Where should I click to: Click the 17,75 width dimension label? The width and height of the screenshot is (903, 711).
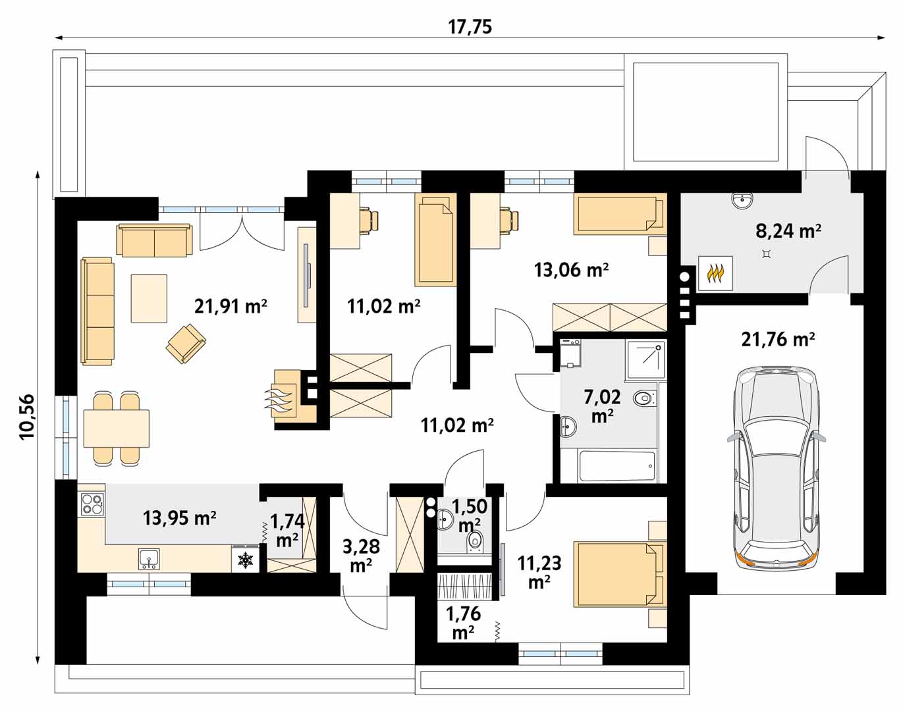click(470, 27)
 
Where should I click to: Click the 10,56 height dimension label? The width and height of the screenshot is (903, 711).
click(27, 417)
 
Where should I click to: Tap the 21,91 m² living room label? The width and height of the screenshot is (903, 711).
click(231, 307)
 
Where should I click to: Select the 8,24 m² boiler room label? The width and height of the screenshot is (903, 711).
click(788, 230)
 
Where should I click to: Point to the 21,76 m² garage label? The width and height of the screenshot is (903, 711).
click(779, 339)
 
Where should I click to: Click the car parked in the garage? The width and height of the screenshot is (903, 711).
click(776, 468)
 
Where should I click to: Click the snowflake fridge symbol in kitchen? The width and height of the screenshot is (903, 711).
click(244, 559)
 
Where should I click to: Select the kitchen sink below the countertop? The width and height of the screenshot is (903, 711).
click(149, 559)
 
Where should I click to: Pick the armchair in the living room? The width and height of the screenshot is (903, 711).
click(186, 343)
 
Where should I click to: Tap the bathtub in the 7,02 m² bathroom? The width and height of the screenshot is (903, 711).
click(617, 467)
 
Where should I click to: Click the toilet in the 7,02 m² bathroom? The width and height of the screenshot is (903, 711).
click(645, 398)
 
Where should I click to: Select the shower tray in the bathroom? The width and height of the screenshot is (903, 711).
click(645, 360)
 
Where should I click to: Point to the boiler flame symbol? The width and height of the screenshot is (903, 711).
click(716, 273)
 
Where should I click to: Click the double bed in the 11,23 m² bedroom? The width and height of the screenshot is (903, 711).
click(619, 574)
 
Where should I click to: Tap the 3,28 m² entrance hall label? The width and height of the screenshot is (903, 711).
click(361, 556)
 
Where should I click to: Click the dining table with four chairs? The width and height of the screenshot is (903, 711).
click(116, 429)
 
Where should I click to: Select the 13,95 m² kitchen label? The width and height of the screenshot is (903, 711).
click(180, 518)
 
